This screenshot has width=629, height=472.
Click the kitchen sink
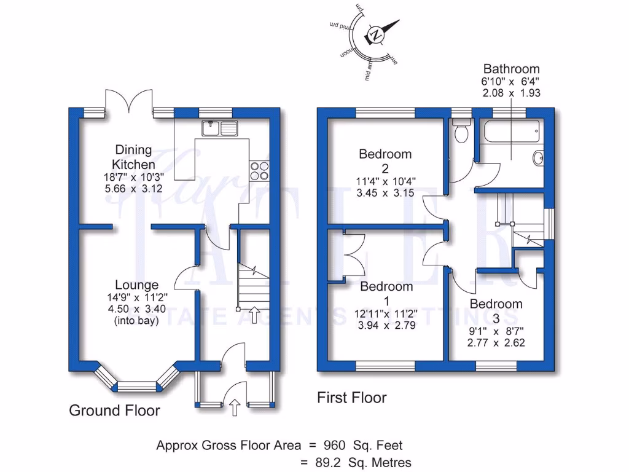coord(219,128)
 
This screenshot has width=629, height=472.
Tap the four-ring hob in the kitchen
coord(259,170)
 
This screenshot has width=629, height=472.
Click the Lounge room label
coord(136,285)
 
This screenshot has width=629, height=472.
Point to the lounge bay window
coord(137,385)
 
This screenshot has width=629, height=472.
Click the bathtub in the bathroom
coord(511,130)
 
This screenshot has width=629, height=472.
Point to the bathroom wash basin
coord(539,158)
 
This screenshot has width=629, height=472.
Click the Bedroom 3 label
coord(496,304)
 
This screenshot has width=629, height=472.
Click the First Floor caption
coord(351,398)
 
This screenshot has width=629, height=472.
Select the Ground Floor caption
coord(114,410)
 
